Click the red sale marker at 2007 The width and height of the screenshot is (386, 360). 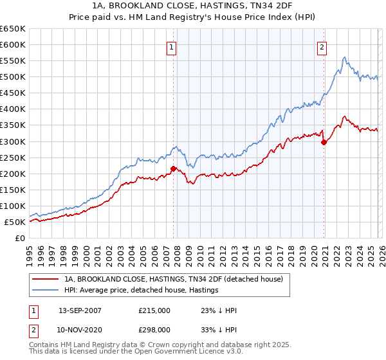[x=173, y=169]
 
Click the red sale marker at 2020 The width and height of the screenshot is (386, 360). [x=324, y=142]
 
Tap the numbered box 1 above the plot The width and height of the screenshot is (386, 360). [x=173, y=46]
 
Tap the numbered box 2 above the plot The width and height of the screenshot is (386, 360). [x=322, y=46]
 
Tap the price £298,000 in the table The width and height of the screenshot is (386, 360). [x=155, y=329]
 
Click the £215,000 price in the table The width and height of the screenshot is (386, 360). [x=155, y=311]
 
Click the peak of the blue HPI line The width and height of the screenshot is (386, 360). [x=345, y=57]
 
